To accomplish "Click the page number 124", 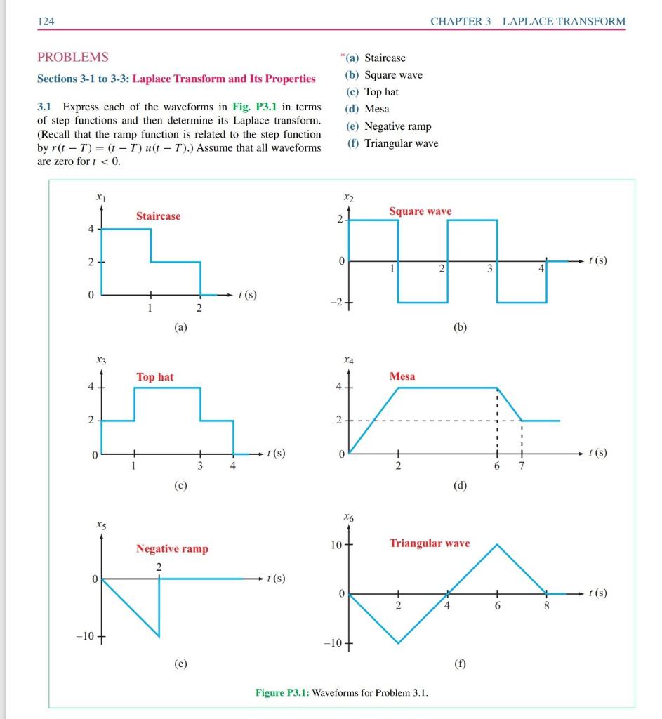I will pyautogui.click(x=46, y=21).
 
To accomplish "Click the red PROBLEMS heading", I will pyautogui.click(x=72, y=57).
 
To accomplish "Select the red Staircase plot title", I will pyautogui.click(x=158, y=216).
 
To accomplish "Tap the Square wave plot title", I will pyautogui.click(x=420, y=211).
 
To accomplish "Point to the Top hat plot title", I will pyautogui.click(x=155, y=377).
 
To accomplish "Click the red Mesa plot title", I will pyautogui.click(x=402, y=376).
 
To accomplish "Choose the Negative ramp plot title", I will pyautogui.click(x=172, y=549).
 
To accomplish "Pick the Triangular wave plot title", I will pyautogui.click(x=430, y=543).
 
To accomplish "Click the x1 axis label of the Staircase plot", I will pyautogui.click(x=101, y=199).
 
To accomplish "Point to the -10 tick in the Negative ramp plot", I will pyautogui.click(x=86, y=637).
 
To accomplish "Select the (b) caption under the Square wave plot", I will pyautogui.click(x=460, y=327).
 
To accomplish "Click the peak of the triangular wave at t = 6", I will pyautogui.click(x=497, y=544).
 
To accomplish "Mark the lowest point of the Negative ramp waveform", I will pyautogui.click(x=159, y=637).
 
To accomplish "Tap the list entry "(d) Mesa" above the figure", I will pyautogui.click(x=367, y=109).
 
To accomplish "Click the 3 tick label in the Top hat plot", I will pyautogui.click(x=200, y=466).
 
